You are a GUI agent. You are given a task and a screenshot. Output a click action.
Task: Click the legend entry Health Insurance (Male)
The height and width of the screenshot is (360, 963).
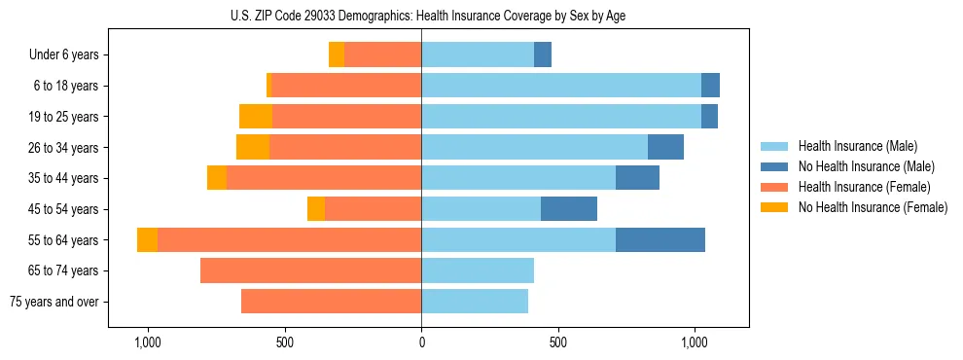[856, 147]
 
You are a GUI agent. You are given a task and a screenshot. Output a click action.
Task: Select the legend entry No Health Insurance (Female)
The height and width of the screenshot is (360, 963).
[873, 207]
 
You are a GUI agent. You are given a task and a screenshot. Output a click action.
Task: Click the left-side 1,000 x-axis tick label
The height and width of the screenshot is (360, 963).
[148, 343]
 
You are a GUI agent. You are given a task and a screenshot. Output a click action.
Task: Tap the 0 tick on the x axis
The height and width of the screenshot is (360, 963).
[421, 343]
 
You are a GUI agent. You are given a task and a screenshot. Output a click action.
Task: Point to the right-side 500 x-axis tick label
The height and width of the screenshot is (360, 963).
[557, 343]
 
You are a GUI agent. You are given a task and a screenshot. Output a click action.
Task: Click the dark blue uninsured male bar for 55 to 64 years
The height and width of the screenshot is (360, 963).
[660, 240]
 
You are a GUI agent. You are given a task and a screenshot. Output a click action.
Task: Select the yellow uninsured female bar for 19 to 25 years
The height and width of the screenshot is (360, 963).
[256, 117]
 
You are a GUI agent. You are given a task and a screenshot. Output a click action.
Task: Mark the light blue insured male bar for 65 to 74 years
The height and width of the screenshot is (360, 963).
[478, 270]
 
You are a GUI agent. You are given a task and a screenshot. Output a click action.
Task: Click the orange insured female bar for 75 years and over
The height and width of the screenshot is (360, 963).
[331, 302]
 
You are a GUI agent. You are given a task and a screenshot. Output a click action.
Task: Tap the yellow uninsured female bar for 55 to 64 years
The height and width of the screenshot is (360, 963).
[147, 240]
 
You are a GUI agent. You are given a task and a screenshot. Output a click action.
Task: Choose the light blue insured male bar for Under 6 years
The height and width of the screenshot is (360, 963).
[478, 55]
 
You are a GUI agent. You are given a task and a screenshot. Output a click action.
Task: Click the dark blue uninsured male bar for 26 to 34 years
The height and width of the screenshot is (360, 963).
[665, 148]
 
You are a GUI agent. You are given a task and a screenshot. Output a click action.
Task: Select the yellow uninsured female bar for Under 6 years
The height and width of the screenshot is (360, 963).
[337, 55]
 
